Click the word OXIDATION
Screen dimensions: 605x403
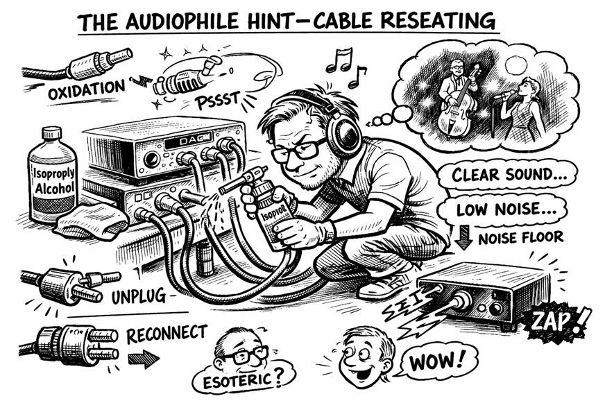click(x=87, y=89)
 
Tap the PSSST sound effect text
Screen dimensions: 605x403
click(x=217, y=100)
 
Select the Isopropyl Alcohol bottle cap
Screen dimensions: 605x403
click(x=52, y=133)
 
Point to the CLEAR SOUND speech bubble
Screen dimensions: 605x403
click(x=507, y=175)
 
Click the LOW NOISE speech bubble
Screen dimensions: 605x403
click(x=503, y=210)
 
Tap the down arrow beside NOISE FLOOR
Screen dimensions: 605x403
click(x=463, y=237)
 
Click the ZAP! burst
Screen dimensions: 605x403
click(x=556, y=321)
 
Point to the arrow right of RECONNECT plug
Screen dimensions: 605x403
click(x=144, y=359)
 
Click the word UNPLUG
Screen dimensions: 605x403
click(x=139, y=296)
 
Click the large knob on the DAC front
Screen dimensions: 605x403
click(x=152, y=160)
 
